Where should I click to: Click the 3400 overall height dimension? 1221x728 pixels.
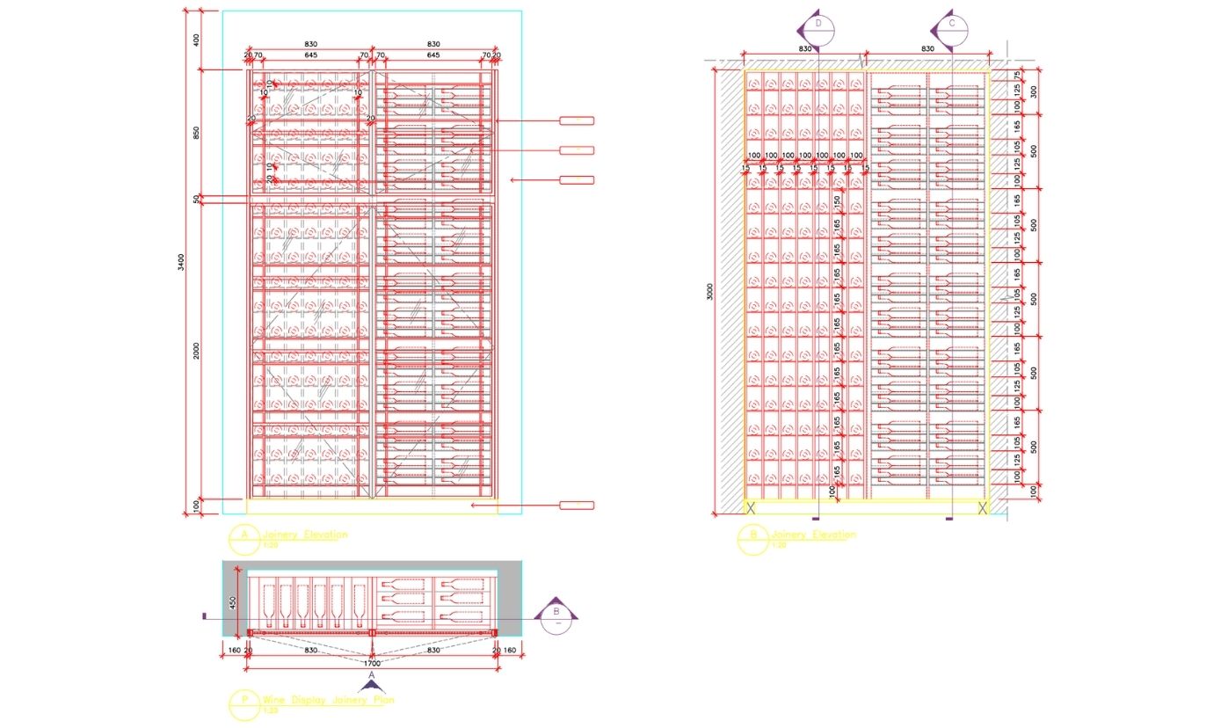pyautogui.click(x=180, y=261)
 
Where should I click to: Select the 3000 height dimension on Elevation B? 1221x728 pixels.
pyautogui.click(x=710, y=291)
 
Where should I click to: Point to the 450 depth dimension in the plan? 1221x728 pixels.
pyautogui.click(x=234, y=602)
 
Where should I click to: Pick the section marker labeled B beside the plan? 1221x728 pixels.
pyautogui.click(x=556, y=613)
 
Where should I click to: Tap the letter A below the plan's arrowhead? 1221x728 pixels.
pyautogui.click(x=372, y=675)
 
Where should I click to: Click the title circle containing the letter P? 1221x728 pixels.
pyautogui.click(x=243, y=703)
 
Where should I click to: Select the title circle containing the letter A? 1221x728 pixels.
pyautogui.click(x=243, y=537)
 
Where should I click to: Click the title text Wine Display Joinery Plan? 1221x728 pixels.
pyautogui.click(x=328, y=700)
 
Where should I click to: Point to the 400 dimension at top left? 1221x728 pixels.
pyautogui.click(x=196, y=40)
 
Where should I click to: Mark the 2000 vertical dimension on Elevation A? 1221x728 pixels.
pyautogui.click(x=196, y=350)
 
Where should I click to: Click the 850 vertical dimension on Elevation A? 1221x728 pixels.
pyautogui.click(x=196, y=133)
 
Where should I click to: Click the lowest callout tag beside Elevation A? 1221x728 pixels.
pyautogui.click(x=578, y=505)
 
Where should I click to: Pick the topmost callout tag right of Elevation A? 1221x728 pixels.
pyautogui.click(x=577, y=120)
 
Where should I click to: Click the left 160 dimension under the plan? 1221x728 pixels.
pyautogui.click(x=234, y=651)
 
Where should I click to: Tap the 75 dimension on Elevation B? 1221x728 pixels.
pyautogui.click(x=1017, y=76)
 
